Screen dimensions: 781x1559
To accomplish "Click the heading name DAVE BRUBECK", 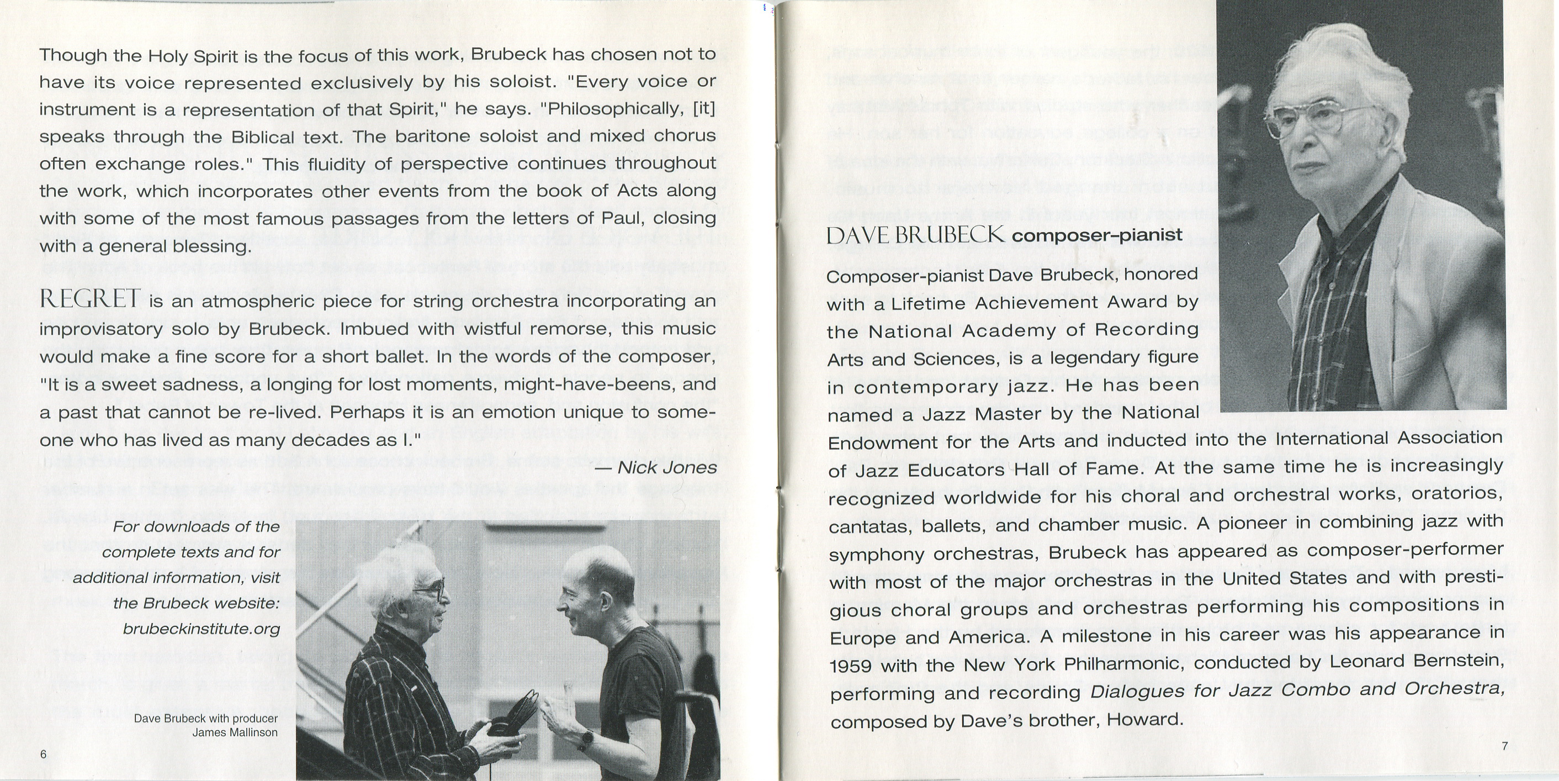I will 916,235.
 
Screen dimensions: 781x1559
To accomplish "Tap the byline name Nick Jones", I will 666,467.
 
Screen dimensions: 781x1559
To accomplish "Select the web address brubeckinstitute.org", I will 201,629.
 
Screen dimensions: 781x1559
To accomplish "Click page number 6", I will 43,754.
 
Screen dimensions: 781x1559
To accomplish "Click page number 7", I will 1504,746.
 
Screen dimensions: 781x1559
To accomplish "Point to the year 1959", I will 850,666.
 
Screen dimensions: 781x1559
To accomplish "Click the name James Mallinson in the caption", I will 235,732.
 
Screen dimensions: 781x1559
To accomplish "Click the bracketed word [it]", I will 704,108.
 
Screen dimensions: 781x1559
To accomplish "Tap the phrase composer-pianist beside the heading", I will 1096,235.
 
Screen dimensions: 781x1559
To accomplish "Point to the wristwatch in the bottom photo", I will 585,739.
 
